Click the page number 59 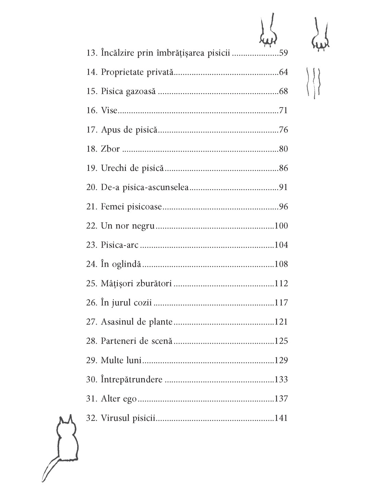pos(283,53)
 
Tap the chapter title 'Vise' pos(109,111)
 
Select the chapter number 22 pos(92,226)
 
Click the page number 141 pos(281,418)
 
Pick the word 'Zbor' pos(110,149)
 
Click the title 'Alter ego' pos(119,399)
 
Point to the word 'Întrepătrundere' pos(132,379)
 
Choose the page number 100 pos(281,226)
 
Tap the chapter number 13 pos(92,53)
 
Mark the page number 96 pos(283,207)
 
